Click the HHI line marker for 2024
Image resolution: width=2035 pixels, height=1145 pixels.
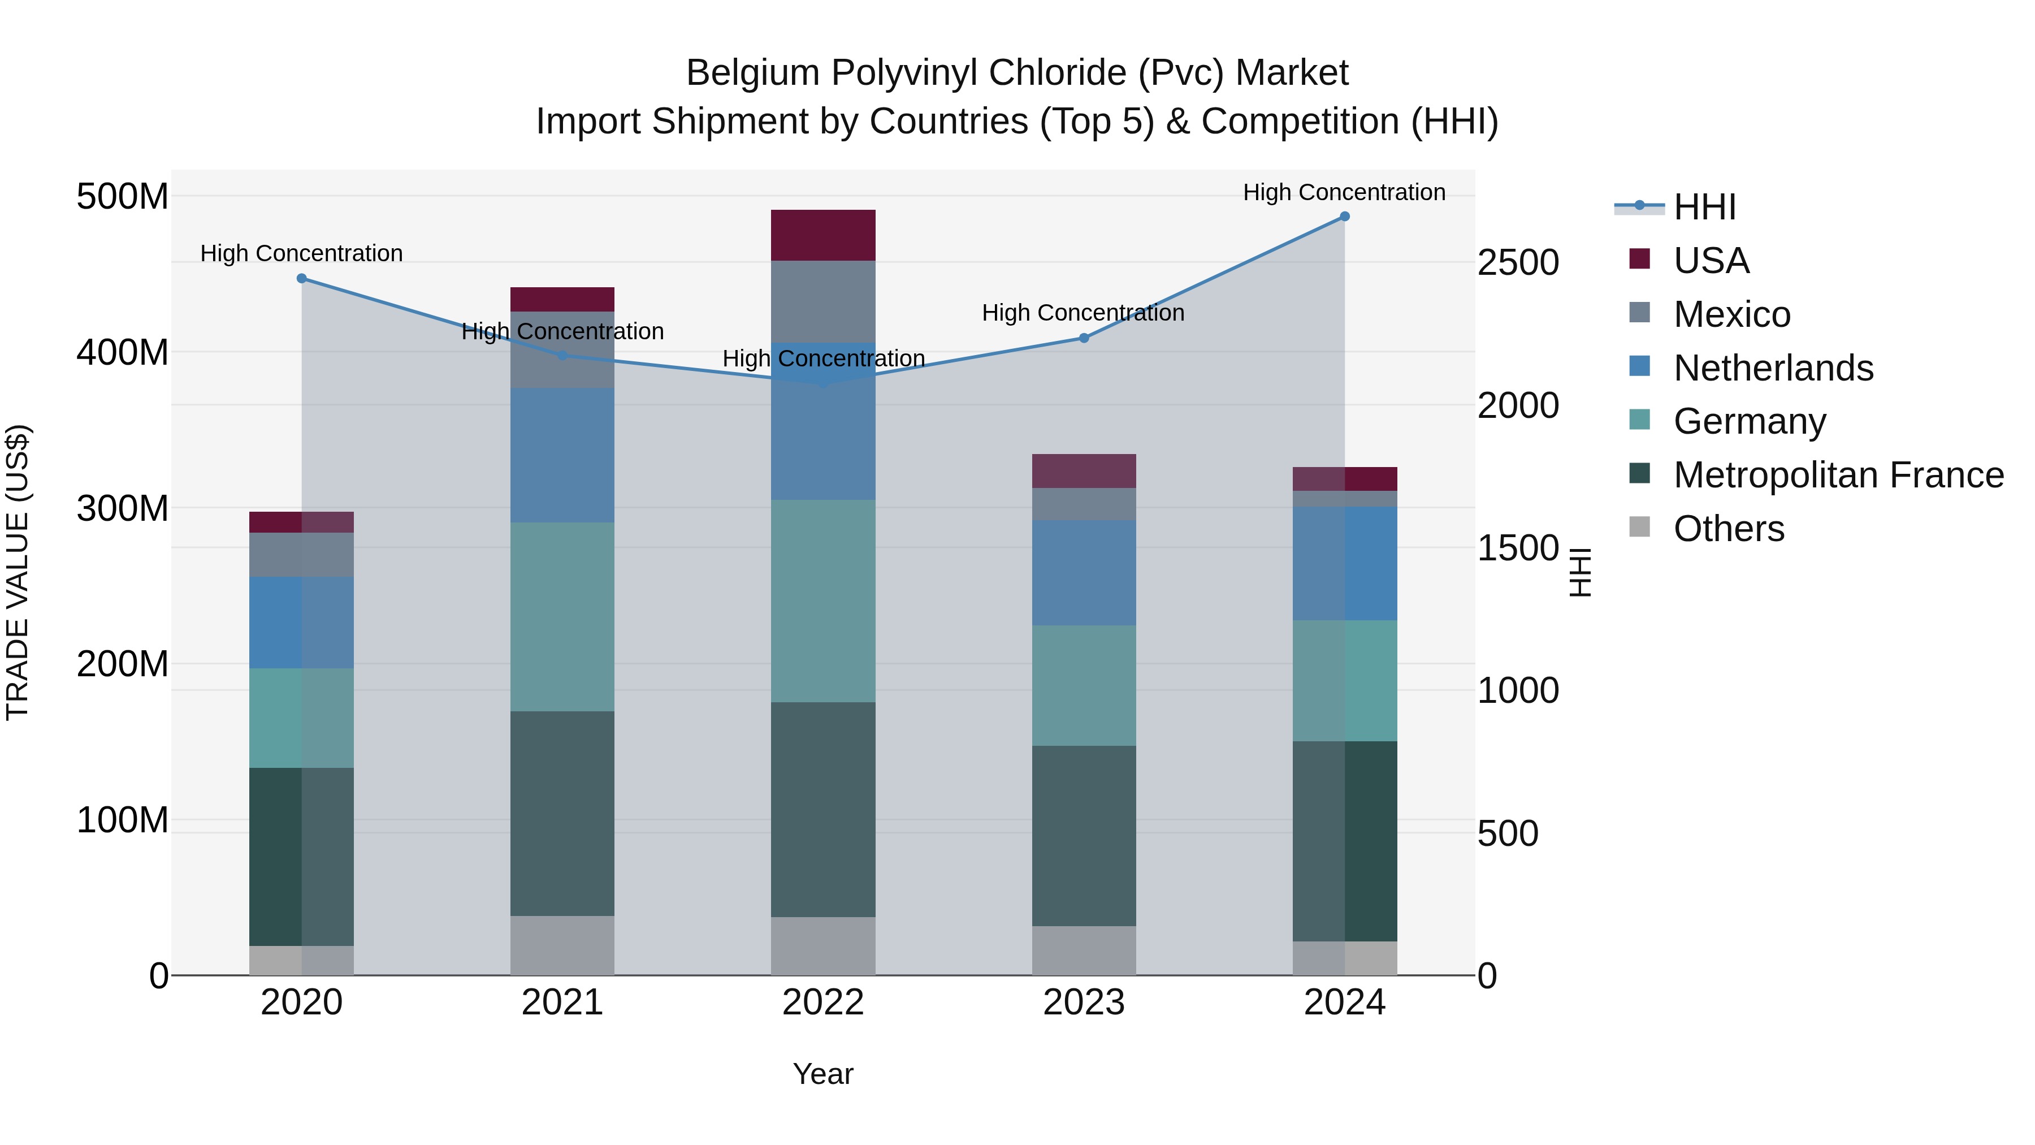click(x=1345, y=217)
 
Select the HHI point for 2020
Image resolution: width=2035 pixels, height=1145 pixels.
click(x=302, y=278)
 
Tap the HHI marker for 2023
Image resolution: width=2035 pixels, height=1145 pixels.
click(x=1084, y=338)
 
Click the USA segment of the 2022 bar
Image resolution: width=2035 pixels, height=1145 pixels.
click(x=823, y=235)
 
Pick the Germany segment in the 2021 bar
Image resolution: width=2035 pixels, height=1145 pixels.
click(x=562, y=616)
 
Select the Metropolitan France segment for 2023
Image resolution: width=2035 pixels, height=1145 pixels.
click(x=1084, y=836)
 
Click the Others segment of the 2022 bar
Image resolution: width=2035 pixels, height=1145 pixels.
click(x=823, y=946)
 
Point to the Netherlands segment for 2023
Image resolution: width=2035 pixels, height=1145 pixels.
click(x=1084, y=573)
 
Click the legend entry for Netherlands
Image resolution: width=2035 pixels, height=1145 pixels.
click(x=1773, y=368)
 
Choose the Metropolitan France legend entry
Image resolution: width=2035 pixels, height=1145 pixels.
click(x=1838, y=475)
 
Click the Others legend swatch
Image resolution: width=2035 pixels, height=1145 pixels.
click(x=1639, y=527)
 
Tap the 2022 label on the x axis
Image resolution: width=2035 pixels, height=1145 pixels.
click(x=823, y=1003)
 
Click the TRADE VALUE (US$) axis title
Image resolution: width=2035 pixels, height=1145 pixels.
click(x=18, y=572)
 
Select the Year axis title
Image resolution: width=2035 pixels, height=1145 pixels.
click(x=823, y=1074)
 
